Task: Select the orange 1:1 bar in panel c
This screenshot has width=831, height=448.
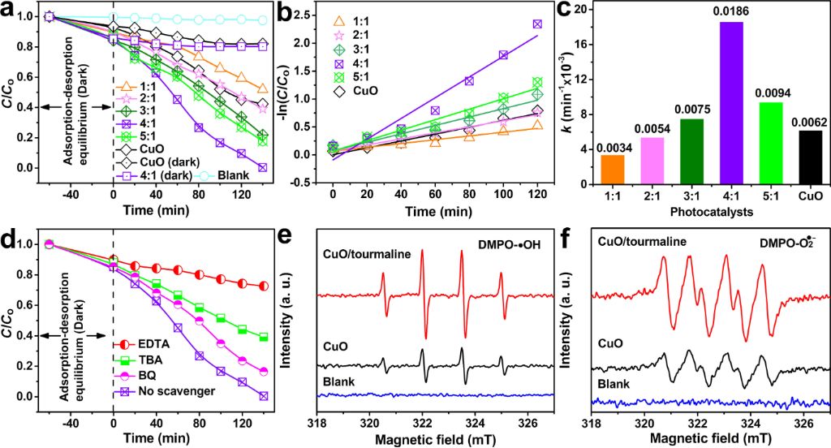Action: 613,169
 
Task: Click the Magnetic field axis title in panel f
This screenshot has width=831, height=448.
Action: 712,439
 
